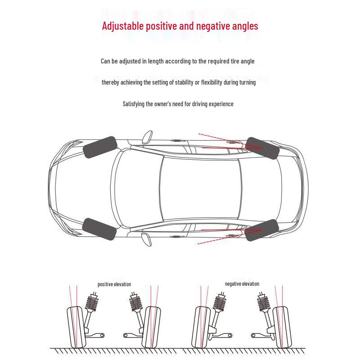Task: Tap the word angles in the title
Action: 245,26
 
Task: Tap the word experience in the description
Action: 220,104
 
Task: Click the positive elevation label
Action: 114,284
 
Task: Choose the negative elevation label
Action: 242,284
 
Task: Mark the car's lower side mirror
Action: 147,239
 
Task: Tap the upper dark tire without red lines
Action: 100,148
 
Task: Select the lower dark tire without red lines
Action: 100,229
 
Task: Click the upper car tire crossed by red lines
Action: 263,148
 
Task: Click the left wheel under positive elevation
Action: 76,327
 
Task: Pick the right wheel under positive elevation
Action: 151,327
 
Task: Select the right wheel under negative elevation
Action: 280,327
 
